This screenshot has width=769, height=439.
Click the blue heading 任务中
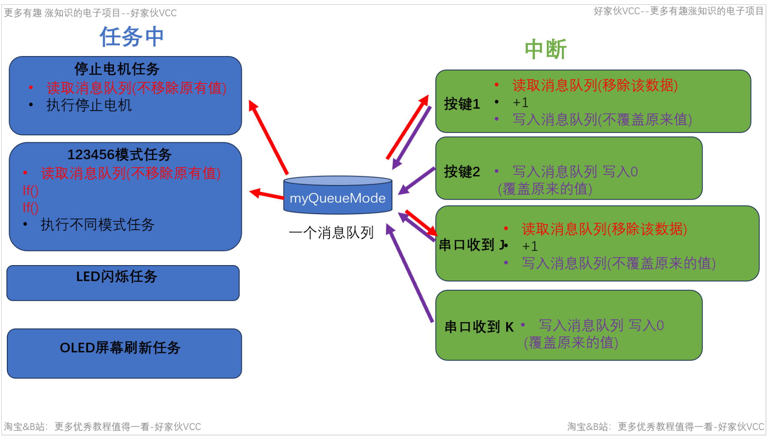point(132,36)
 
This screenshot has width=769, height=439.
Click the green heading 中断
point(545,49)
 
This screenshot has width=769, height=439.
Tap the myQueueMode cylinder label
point(337,198)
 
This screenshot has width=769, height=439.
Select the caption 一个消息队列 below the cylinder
point(331,233)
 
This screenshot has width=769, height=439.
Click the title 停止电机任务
point(117,69)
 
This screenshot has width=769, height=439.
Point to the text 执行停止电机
point(89,105)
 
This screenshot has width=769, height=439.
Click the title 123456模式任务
point(119,154)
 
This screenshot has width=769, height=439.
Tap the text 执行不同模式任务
point(97,224)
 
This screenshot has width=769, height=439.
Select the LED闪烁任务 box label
point(117,276)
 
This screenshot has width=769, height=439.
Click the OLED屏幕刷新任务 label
point(120,347)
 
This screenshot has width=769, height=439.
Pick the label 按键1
point(462,104)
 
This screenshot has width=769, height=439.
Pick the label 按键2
point(462,172)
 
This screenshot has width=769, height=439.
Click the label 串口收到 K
point(479,327)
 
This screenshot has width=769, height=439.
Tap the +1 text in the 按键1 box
point(520,102)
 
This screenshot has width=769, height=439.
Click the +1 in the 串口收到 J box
point(530,246)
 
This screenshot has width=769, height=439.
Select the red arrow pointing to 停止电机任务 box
point(269,138)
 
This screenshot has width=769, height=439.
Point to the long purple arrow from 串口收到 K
point(410,272)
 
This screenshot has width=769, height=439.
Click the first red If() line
point(31,190)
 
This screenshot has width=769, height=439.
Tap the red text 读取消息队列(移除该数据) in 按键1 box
point(595,85)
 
